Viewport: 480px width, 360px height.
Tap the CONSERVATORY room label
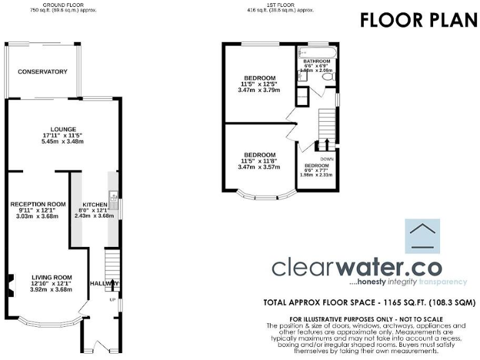click(x=42, y=72)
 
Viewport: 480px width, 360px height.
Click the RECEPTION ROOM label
click(x=38, y=204)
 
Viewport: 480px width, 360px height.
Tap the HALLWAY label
click(x=104, y=283)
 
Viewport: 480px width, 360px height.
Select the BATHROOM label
click(x=316, y=61)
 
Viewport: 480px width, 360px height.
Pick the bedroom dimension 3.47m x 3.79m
click(x=259, y=90)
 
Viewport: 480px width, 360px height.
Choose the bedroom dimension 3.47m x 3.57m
click(x=259, y=167)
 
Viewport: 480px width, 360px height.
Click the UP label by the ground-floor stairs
click(x=113, y=299)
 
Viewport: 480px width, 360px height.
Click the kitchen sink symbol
click(x=114, y=197)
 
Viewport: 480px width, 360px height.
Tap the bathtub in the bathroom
click(x=316, y=52)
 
